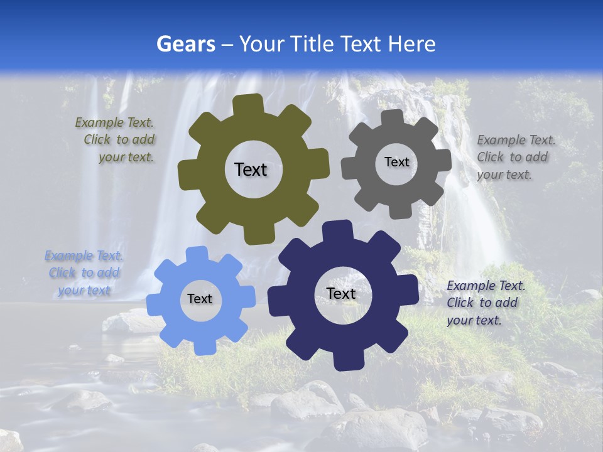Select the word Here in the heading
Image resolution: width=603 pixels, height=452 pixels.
point(411,44)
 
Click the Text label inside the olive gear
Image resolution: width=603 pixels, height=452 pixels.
point(251,169)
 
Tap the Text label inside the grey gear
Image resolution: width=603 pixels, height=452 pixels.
point(396,162)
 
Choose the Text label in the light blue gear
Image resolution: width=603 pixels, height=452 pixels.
point(199,299)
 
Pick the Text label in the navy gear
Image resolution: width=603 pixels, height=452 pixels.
point(341,293)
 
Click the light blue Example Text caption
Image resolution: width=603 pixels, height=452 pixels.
point(84,273)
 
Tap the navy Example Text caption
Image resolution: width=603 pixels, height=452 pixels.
point(485,303)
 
